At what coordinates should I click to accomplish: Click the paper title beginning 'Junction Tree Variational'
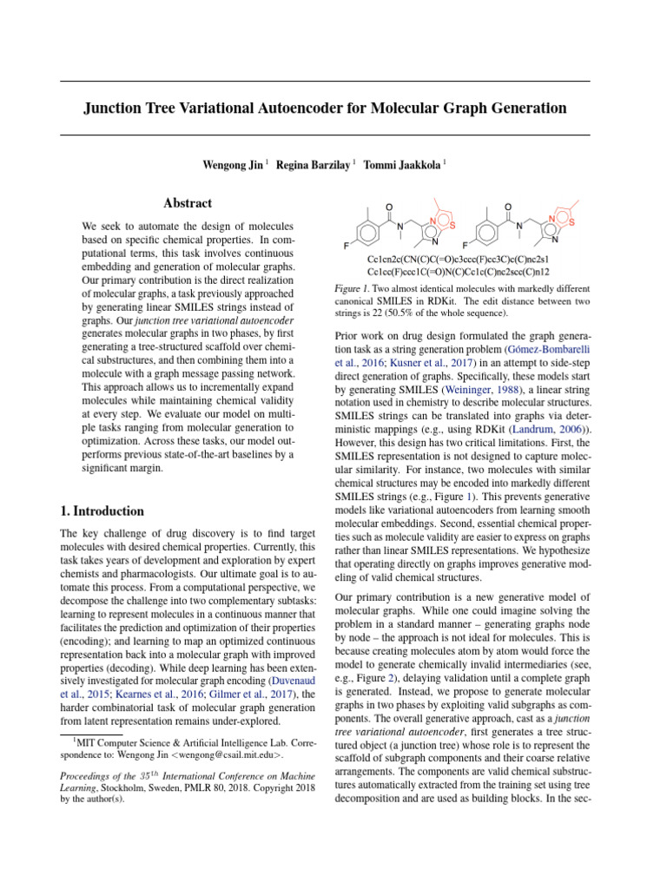click(x=325, y=109)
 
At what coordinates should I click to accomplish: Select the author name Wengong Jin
click(x=232, y=165)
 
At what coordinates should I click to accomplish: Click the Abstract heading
click(x=188, y=203)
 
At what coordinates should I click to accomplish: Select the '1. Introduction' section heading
click(x=102, y=511)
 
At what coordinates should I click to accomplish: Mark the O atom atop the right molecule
click(x=507, y=207)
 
